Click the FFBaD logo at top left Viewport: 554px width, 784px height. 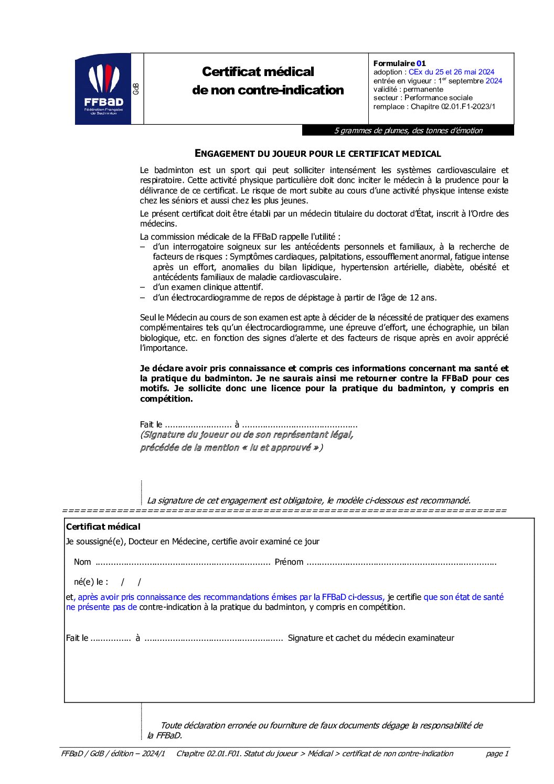point(103,89)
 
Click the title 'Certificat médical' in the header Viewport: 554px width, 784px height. point(258,72)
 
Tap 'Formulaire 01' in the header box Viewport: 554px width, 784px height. point(399,63)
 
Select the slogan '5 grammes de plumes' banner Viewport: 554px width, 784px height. point(408,131)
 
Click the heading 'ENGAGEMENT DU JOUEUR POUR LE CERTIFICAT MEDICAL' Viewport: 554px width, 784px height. point(317,154)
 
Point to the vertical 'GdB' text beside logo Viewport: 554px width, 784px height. point(136,89)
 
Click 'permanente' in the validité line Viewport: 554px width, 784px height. point(423,89)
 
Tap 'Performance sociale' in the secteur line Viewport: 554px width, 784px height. point(438,98)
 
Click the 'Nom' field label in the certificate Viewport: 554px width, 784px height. point(82,562)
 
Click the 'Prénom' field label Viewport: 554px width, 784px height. point(289,562)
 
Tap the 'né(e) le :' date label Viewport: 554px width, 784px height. point(91,582)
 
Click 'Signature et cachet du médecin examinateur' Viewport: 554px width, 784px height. point(371,638)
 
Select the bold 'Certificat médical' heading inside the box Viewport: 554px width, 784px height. point(103,527)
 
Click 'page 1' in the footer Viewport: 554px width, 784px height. point(497,754)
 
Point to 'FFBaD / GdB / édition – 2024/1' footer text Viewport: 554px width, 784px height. point(113,754)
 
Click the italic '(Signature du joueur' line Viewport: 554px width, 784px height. point(247,435)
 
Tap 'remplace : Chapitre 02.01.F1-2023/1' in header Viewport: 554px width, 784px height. point(434,106)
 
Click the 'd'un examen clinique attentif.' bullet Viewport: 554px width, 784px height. point(208,287)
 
